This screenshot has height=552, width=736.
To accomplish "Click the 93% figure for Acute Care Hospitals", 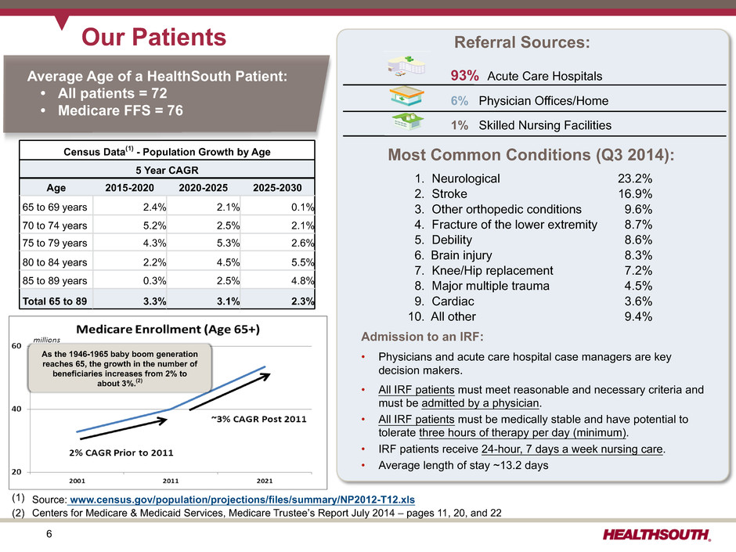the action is click(464, 76).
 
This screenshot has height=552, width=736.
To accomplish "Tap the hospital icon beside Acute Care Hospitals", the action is click(406, 66).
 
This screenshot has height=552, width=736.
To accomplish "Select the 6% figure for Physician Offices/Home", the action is click(460, 101).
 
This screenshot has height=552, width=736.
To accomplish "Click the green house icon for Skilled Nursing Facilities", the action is click(408, 121).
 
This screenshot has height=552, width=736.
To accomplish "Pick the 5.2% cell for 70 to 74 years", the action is click(154, 225).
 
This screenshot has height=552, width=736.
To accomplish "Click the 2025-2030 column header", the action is click(277, 188).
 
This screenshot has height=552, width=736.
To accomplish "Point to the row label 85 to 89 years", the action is click(55, 280).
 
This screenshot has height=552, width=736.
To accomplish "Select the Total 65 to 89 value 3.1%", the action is click(228, 301).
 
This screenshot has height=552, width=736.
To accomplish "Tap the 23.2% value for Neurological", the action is click(635, 179).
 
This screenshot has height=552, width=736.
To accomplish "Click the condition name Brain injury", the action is click(461, 255).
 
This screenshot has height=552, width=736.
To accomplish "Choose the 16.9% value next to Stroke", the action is click(635, 194).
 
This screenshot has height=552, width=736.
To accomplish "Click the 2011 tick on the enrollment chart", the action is click(171, 481).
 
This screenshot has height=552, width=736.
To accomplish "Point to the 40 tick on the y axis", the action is click(16, 409).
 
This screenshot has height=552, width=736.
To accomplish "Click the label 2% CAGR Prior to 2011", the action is click(121, 453).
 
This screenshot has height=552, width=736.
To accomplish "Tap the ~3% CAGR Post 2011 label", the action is click(258, 419).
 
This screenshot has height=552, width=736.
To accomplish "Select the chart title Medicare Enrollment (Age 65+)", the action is click(168, 330).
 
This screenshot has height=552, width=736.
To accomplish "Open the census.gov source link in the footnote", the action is click(242, 500).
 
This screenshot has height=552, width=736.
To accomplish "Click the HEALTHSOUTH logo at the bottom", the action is click(657, 534).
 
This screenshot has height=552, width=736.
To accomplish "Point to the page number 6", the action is click(49, 534).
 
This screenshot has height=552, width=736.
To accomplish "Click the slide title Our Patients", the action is click(153, 37).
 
